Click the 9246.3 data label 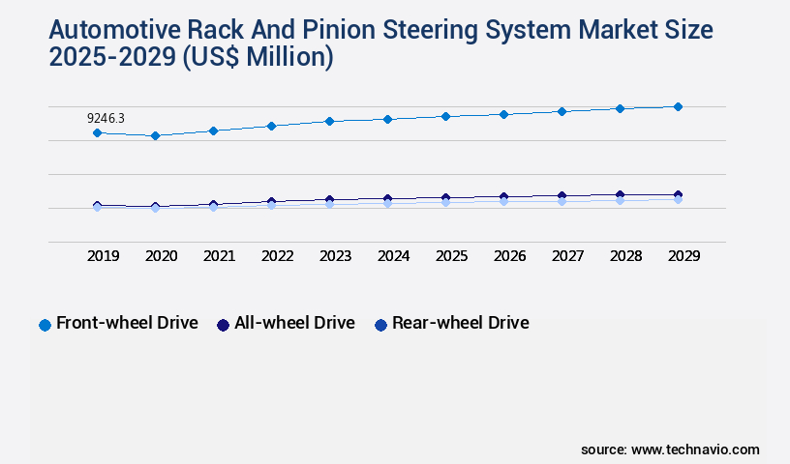(106, 118)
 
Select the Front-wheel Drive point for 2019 (97, 132)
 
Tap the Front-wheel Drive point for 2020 (155, 136)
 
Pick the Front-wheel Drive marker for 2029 (678, 106)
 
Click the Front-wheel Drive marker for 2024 (387, 119)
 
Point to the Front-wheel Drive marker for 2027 (562, 111)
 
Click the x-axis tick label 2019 (104, 256)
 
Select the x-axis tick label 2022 (278, 256)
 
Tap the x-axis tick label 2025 (452, 256)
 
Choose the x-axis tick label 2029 (684, 256)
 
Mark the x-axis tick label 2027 (568, 256)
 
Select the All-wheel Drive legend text (294, 323)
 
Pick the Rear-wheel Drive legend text (460, 323)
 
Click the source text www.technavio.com (695, 449)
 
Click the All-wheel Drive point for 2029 (678, 195)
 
